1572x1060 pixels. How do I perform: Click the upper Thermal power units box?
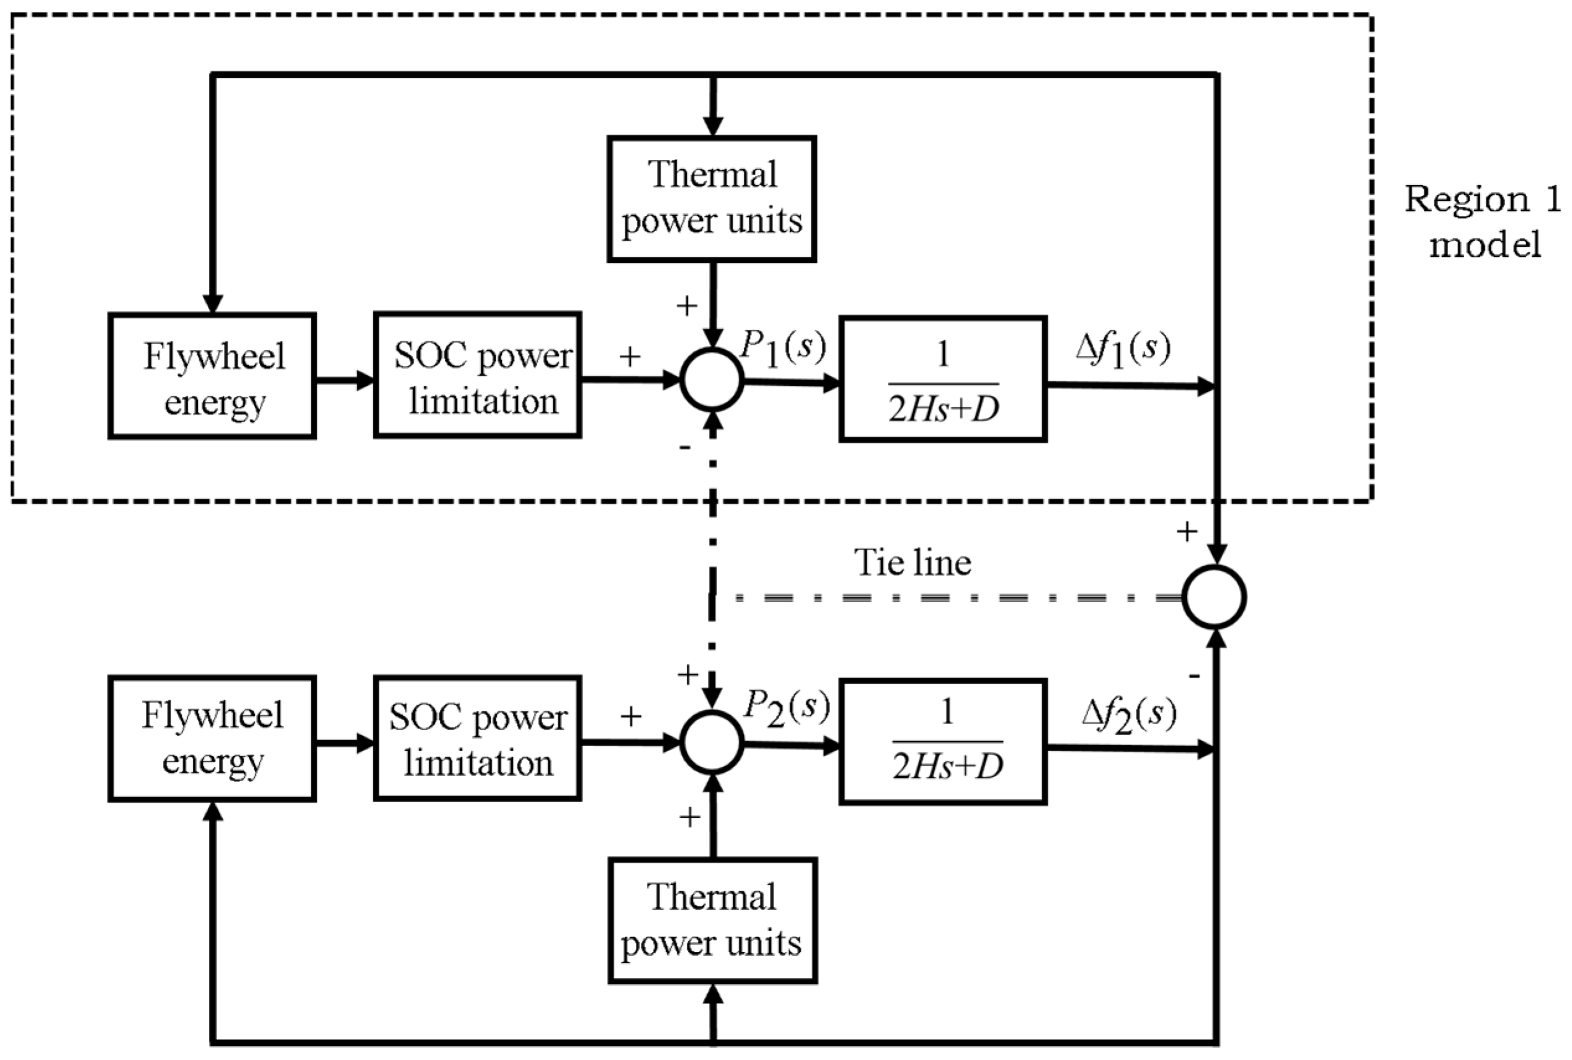click(712, 198)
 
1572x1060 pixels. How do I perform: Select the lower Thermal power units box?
click(712, 920)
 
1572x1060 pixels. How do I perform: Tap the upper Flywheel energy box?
click(212, 376)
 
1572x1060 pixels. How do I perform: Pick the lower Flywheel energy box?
click(212, 738)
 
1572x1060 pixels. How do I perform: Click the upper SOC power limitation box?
click(477, 375)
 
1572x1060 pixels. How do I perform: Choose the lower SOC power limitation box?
click(477, 738)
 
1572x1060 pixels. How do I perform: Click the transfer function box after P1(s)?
click(942, 379)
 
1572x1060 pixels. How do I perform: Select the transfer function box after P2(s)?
click(942, 742)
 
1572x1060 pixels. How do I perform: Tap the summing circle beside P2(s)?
click(712, 742)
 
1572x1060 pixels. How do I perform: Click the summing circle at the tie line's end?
click(1214, 597)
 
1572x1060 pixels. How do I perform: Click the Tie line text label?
click(912, 563)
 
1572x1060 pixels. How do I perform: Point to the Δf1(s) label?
click(1122, 349)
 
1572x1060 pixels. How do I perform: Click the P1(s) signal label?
click(783, 347)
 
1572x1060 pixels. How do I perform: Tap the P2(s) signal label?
click(787, 708)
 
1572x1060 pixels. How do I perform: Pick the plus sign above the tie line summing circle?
click(1187, 532)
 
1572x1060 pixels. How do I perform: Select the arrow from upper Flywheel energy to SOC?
click(345, 380)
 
